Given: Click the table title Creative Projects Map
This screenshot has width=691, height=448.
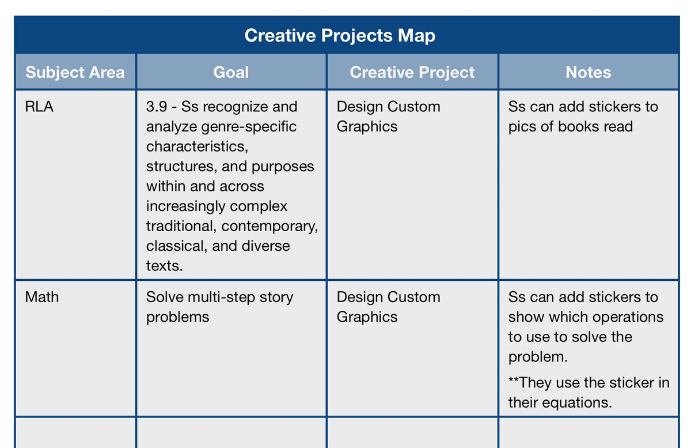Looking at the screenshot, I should (340, 36).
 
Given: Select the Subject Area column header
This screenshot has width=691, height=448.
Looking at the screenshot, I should (75, 73).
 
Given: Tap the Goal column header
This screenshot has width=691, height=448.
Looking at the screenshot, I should (231, 73).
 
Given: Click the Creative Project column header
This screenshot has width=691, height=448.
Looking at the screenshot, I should (412, 73).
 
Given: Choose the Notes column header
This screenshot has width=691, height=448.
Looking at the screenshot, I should (588, 73).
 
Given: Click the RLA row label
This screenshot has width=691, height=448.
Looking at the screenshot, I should (40, 107).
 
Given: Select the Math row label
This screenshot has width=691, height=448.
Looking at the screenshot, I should (42, 297).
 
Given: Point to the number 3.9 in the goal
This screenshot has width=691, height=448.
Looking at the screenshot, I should (157, 107).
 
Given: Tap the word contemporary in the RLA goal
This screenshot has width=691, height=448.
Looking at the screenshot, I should (269, 226).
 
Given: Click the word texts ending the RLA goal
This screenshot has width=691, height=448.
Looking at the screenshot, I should (164, 265).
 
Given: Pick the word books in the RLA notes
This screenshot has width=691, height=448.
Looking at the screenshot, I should (578, 126).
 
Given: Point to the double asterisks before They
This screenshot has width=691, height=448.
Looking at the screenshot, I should (514, 382).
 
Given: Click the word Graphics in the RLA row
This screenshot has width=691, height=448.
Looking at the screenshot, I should (367, 126).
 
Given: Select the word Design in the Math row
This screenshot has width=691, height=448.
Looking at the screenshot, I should (360, 297).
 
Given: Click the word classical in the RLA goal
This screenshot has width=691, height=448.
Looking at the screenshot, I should (176, 246).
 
